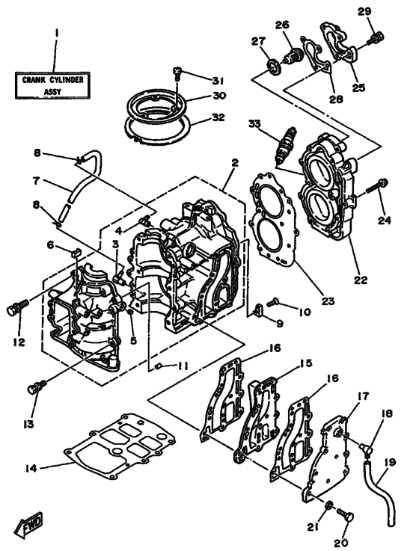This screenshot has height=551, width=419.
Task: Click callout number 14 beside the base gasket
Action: click(x=29, y=468)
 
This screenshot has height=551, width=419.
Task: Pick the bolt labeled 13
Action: click(x=35, y=387)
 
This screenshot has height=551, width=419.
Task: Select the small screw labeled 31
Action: click(x=178, y=73)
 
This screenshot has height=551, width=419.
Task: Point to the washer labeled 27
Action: click(x=270, y=66)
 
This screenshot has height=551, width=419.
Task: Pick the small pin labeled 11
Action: click(x=160, y=365)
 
